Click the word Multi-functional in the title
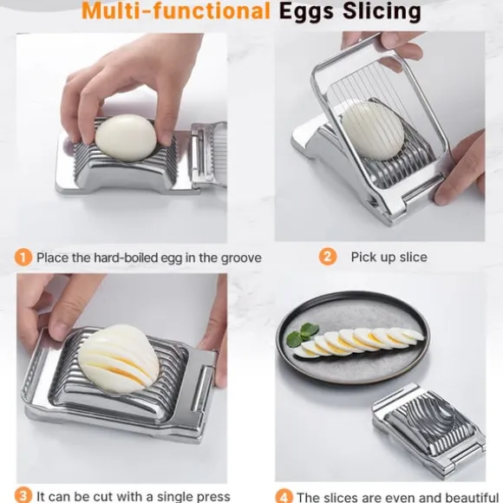[x=176, y=11]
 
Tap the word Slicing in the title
[x=382, y=12]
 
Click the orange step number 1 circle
[x=23, y=258]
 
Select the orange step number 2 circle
[x=327, y=257]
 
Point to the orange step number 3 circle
[x=23, y=495]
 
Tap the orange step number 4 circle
[x=284, y=497]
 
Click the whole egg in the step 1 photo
[x=126, y=138]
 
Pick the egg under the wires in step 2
[x=372, y=131]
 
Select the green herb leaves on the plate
[x=302, y=334]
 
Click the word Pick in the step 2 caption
[x=363, y=257]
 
